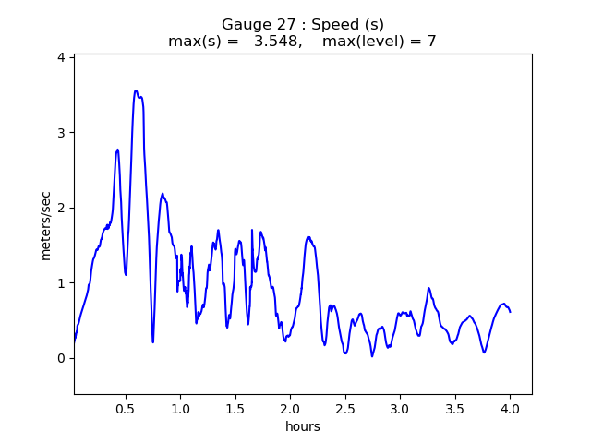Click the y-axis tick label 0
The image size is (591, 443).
61,358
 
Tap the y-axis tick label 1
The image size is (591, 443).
61,283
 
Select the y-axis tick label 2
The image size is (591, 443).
61,208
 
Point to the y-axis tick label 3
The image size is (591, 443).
61,133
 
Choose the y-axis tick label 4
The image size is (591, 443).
61,57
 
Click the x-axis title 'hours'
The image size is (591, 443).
303,426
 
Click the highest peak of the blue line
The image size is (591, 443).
136,90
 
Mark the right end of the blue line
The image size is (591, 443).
510,312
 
